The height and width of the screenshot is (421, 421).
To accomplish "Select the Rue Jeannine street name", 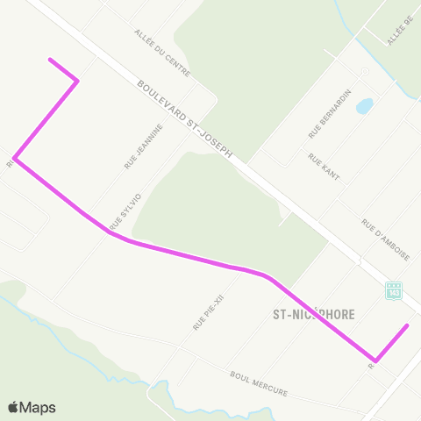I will pos(144,146).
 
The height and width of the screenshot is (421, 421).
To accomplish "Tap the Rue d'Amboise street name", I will pos(385,239).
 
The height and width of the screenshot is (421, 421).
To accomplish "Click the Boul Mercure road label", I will pos(258,382).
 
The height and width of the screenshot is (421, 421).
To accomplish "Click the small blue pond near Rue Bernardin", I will pos(364,106).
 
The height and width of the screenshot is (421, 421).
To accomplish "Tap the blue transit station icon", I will pos(394,290).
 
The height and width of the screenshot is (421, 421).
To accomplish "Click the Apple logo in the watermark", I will pos(14,407).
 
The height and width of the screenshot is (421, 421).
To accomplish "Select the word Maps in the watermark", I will pos(39,407).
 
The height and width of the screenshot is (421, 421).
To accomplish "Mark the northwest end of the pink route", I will pos(51,60).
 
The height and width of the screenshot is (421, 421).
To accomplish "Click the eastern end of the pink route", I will pos(408,325).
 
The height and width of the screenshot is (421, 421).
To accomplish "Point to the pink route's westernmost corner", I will pos(15,160).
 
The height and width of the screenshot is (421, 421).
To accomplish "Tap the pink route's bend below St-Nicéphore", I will pos(375,360).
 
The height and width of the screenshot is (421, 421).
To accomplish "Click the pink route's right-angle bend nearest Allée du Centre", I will pos(78,81).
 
